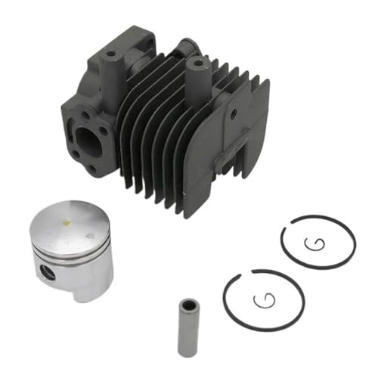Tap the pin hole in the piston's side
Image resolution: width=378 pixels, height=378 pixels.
(x=48, y=271)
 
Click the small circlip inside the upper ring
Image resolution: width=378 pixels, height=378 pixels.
(x=314, y=245)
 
